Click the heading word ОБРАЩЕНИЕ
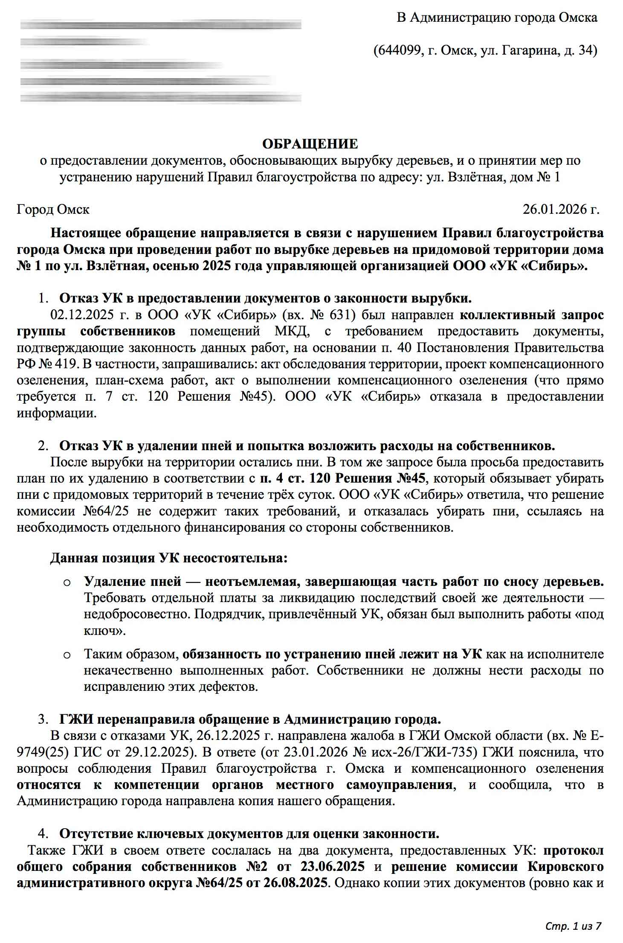click(310, 144)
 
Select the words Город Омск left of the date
click(53, 210)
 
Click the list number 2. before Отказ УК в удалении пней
click(43, 446)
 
